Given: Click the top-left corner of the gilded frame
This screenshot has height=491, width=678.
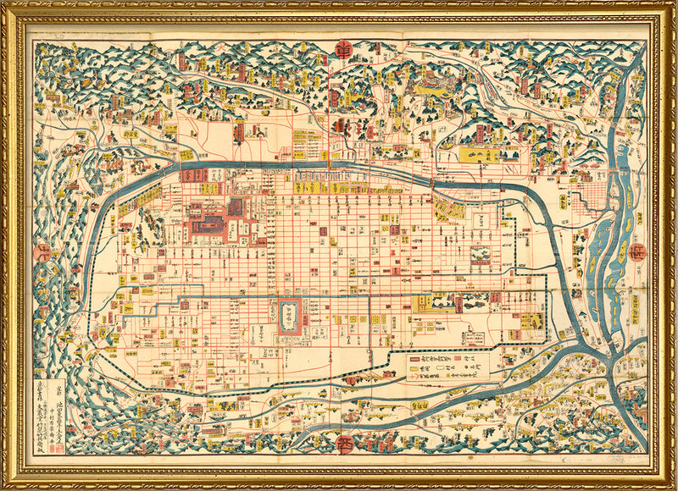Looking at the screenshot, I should (x=3, y=3).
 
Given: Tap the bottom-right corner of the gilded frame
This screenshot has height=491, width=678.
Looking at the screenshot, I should (x=675, y=488).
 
